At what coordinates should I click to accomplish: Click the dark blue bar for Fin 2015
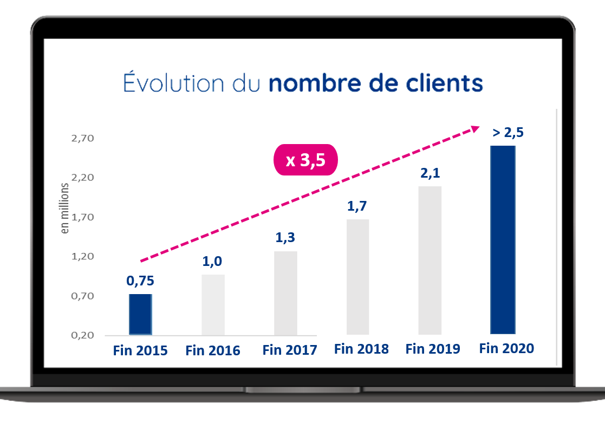(x=140, y=314)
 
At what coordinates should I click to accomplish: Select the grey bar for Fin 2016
(x=213, y=304)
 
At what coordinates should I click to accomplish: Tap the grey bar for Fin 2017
(x=285, y=292)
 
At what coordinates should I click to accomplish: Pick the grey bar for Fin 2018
(x=357, y=276)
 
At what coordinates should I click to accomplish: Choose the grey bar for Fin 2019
(x=430, y=260)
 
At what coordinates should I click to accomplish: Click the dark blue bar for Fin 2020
(x=503, y=239)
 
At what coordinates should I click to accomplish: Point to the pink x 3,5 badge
(x=305, y=160)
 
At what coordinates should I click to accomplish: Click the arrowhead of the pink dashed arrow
(x=474, y=129)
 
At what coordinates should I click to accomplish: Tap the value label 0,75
(x=140, y=281)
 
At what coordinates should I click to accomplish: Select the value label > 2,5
(x=508, y=133)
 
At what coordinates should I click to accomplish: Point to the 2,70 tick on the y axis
(x=82, y=138)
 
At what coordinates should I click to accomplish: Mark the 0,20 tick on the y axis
(x=82, y=335)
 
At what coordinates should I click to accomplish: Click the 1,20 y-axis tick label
(x=82, y=256)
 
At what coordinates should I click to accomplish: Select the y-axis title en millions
(x=66, y=208)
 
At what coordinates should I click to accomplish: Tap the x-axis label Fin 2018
(x=361, y=349)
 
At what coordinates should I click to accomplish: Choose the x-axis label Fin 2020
(x=506, y=348)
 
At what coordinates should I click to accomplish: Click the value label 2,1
(x=430, y=173)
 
